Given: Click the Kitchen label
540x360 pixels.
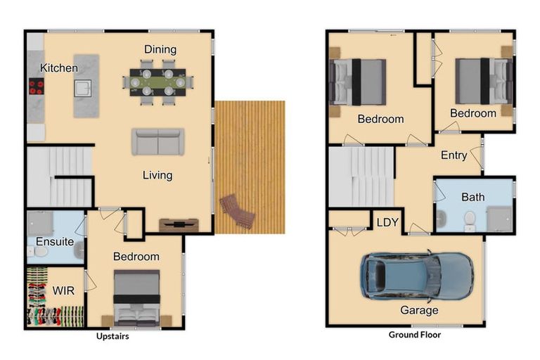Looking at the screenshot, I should (58, 68).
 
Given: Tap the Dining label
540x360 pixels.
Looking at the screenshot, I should (160, 49).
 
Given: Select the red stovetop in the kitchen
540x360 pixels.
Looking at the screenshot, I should (35, 87).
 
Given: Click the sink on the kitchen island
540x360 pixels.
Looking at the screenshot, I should (83, 88).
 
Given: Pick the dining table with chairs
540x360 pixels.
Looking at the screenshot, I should (157, 82).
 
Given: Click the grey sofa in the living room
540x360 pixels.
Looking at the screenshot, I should (157, 142).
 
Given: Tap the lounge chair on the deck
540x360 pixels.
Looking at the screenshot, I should (238, 210).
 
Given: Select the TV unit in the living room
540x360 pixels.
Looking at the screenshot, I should (179, 225).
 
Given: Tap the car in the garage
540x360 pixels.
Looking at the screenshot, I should (416, 276).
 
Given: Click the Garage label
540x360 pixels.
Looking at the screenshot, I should (419, 310).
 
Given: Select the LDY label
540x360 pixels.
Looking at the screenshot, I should (387, 222).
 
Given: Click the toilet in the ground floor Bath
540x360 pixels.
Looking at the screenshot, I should (470, 219).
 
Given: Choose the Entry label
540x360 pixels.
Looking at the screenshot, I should (454, 155).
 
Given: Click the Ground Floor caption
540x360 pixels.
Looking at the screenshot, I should (415, 335).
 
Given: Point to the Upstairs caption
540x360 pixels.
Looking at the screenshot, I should (112, 336).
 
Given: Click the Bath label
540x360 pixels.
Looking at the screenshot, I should (472, 198).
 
